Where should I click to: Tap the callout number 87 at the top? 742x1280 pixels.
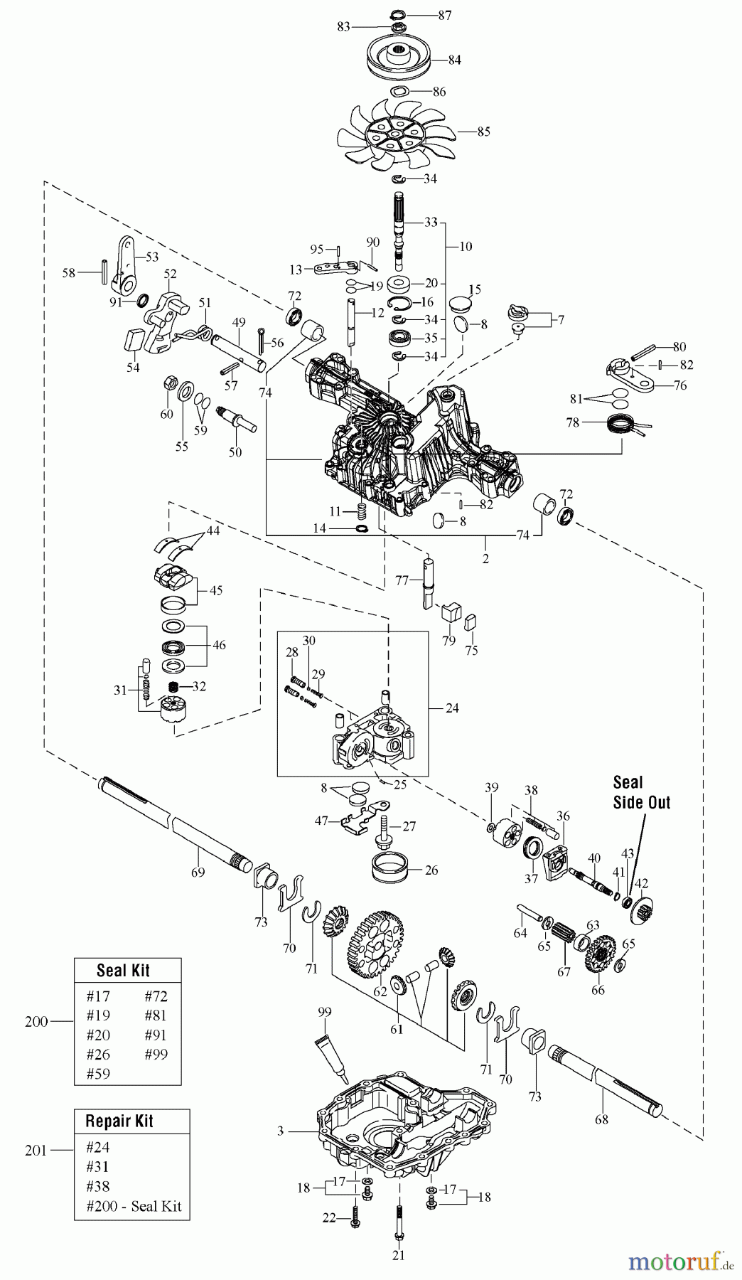[444, 15]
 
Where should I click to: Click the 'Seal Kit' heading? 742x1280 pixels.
[123, 971]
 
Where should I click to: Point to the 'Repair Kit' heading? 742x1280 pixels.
[119, 1121]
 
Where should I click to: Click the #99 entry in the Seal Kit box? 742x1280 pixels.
[156, 1055]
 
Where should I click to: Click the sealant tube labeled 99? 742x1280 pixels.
[330, 1052]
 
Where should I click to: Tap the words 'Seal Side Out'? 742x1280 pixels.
[641, 792]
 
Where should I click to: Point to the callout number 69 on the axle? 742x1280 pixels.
[198, 872]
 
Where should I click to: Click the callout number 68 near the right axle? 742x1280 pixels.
[601, 1119]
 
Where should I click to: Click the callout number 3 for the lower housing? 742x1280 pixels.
[280, 1131]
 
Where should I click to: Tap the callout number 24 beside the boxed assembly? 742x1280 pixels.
[452, 708]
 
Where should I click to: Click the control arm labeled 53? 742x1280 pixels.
[127, 263]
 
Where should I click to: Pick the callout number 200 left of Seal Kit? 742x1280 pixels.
[36, 1022]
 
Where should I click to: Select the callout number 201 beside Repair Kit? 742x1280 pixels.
[36, 1151]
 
